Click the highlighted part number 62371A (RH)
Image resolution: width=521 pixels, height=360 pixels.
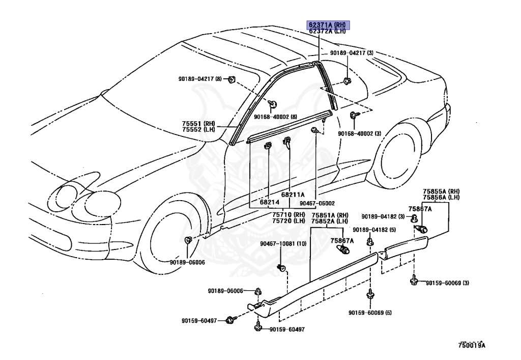(328, 24)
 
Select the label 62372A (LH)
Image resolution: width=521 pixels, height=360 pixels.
(328, 31)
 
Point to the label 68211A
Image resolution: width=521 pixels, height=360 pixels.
(293, 195)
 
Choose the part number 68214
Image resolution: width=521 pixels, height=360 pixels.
(270, 202)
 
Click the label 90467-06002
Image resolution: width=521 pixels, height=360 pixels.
(317, 203)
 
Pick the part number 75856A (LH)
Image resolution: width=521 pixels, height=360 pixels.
(441, 197)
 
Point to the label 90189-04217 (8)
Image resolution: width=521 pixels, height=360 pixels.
(200, 78)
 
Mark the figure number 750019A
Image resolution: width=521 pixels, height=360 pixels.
(471, 345)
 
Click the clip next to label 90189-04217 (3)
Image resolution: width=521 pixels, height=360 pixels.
(347, 80)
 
